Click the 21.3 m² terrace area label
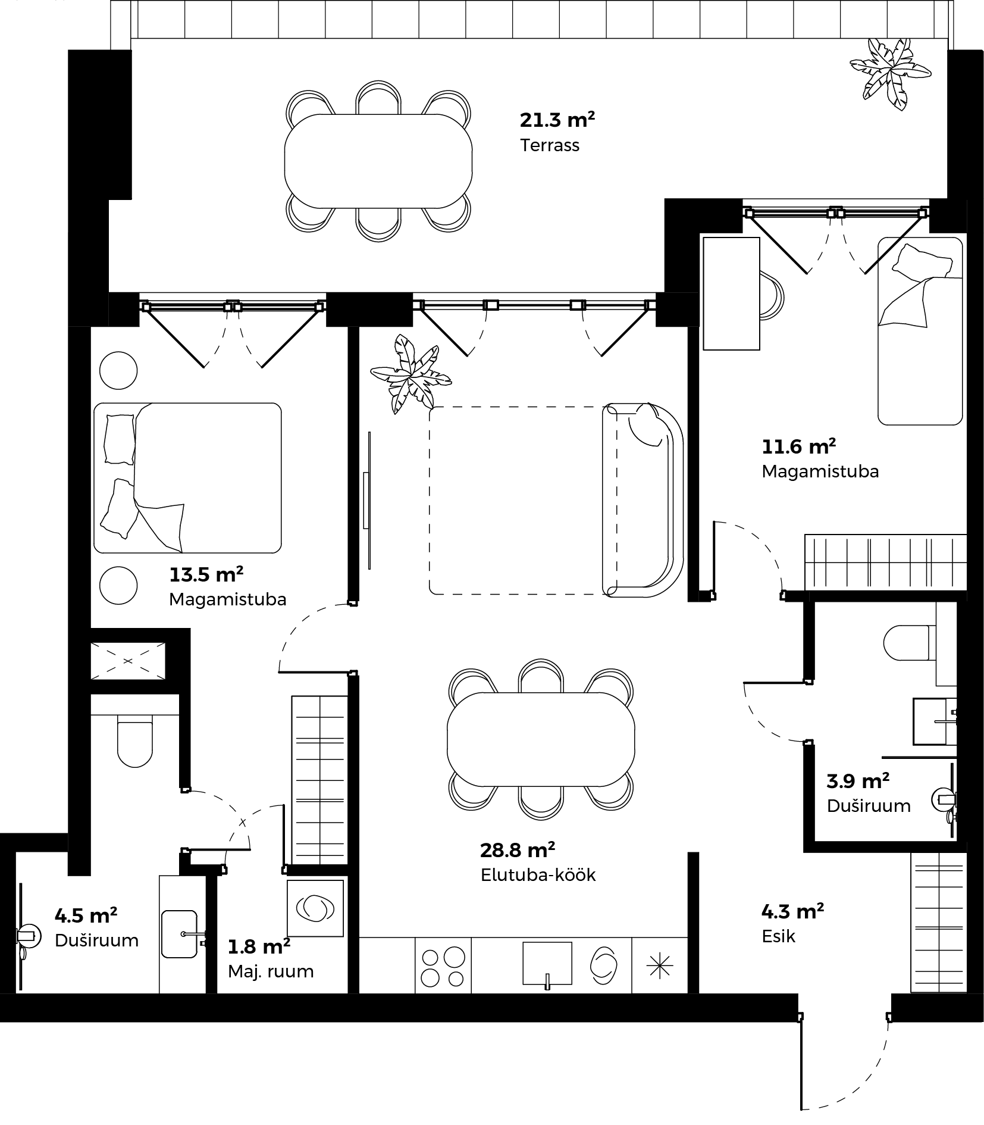(557, 120)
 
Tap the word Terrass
(549, 145)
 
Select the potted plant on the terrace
(890, 74)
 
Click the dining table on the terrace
(378, 161)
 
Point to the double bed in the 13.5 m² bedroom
(187, 478)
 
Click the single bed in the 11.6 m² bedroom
(920, 331)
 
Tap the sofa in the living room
(643, 500)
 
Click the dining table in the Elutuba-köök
(541, 739)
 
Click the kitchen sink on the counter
(547, 964)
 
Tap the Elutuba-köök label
(538, 874)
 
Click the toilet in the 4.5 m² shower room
(135, 745)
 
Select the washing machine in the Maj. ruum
(315, 908)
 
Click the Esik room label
(778, 936)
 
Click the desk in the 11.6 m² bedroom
(731, 293)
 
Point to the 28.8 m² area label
(518, 850)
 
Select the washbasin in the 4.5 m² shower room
(179, 934)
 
